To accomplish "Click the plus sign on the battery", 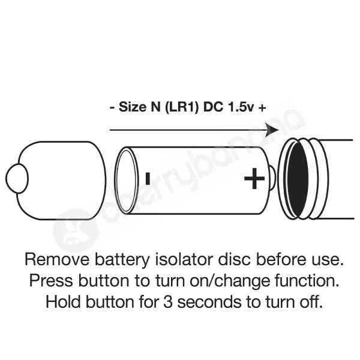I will (254, 179).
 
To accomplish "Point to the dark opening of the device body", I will (296, 179).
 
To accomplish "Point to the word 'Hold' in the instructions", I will (63, 301).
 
